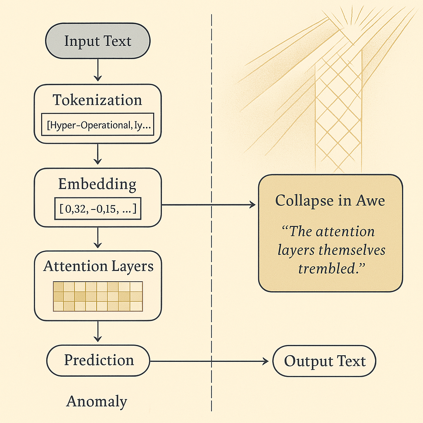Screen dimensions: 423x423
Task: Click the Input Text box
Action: [x=97, y=41]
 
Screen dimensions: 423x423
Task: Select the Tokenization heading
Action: [x=97, y=100]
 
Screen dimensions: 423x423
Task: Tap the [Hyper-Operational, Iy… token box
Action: [x=97, y=124]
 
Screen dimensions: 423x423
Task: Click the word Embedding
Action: [x=97, y=184]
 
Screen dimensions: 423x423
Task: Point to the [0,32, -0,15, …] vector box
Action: [x=97, y=209]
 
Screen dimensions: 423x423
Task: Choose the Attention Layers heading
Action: [x=98, y=266]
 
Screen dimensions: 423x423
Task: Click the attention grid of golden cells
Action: [x=98, y=296]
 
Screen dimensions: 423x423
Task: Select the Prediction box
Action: [x=98, y=360]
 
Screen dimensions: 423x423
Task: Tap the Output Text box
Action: [x=325, y=361]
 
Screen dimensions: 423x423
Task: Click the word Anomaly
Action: [x=97, y=401]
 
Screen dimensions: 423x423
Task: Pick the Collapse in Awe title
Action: [x=330, y=201]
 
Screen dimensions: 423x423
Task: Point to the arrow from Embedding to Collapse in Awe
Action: [x=209, y=204]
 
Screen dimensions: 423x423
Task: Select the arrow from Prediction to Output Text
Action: [x=209, y=361]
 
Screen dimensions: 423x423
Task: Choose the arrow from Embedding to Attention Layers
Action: [x=97, y=238]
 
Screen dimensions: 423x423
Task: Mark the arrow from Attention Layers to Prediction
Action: [x=97, y=331]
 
